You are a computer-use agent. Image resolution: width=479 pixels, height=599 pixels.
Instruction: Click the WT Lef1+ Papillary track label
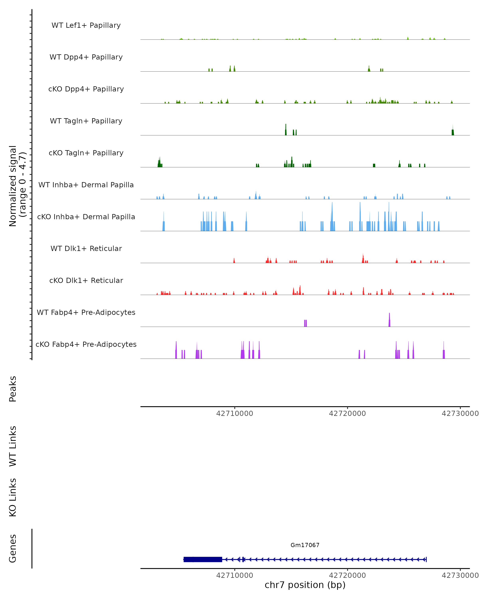tap(86, 25)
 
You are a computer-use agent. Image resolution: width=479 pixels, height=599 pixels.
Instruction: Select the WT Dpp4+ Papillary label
tap(86, 57)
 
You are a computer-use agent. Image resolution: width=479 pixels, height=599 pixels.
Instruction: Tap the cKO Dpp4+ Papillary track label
tap(86, 89)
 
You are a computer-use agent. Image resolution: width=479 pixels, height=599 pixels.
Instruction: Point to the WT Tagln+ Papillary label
tap(86, 121)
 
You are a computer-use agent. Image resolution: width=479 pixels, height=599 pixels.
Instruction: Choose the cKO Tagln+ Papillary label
tap(86, 153)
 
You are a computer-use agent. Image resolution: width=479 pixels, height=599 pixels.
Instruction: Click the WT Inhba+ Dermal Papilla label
tap(86, 185)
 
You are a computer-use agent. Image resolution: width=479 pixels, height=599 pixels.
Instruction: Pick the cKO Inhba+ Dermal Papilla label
tap(86, 217)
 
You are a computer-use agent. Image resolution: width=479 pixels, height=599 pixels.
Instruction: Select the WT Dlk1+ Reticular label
tap(86, 249)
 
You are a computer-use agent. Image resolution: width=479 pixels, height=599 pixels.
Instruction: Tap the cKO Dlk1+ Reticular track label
tap(86, 281)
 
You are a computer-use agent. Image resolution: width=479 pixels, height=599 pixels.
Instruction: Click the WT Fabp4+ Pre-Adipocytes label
tap(86, 312)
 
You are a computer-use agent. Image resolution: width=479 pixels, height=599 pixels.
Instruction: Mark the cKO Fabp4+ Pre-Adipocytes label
tap(86, 344)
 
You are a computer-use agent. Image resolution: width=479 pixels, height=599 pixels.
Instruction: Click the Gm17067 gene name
tap(305, 545)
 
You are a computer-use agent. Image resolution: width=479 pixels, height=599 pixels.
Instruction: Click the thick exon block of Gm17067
tap(203, 559)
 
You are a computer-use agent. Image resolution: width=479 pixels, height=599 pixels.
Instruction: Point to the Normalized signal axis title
tap(17, 186)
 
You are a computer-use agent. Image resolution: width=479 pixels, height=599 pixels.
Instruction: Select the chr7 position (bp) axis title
tap(305, 585)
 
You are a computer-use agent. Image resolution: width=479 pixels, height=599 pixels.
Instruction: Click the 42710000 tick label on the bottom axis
tap(235, 575)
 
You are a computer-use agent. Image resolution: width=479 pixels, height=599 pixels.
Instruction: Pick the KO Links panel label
tap(13, 498)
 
